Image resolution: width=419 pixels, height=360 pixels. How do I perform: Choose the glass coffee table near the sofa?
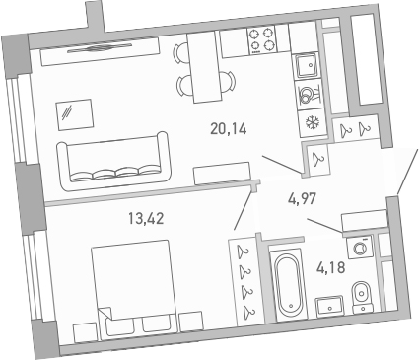pos(72,113)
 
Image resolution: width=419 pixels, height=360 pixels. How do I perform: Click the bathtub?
pos(288,286)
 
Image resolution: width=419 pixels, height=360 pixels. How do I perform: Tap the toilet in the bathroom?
pos(363,294)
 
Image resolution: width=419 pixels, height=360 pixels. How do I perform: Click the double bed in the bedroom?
pos(137,286)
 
